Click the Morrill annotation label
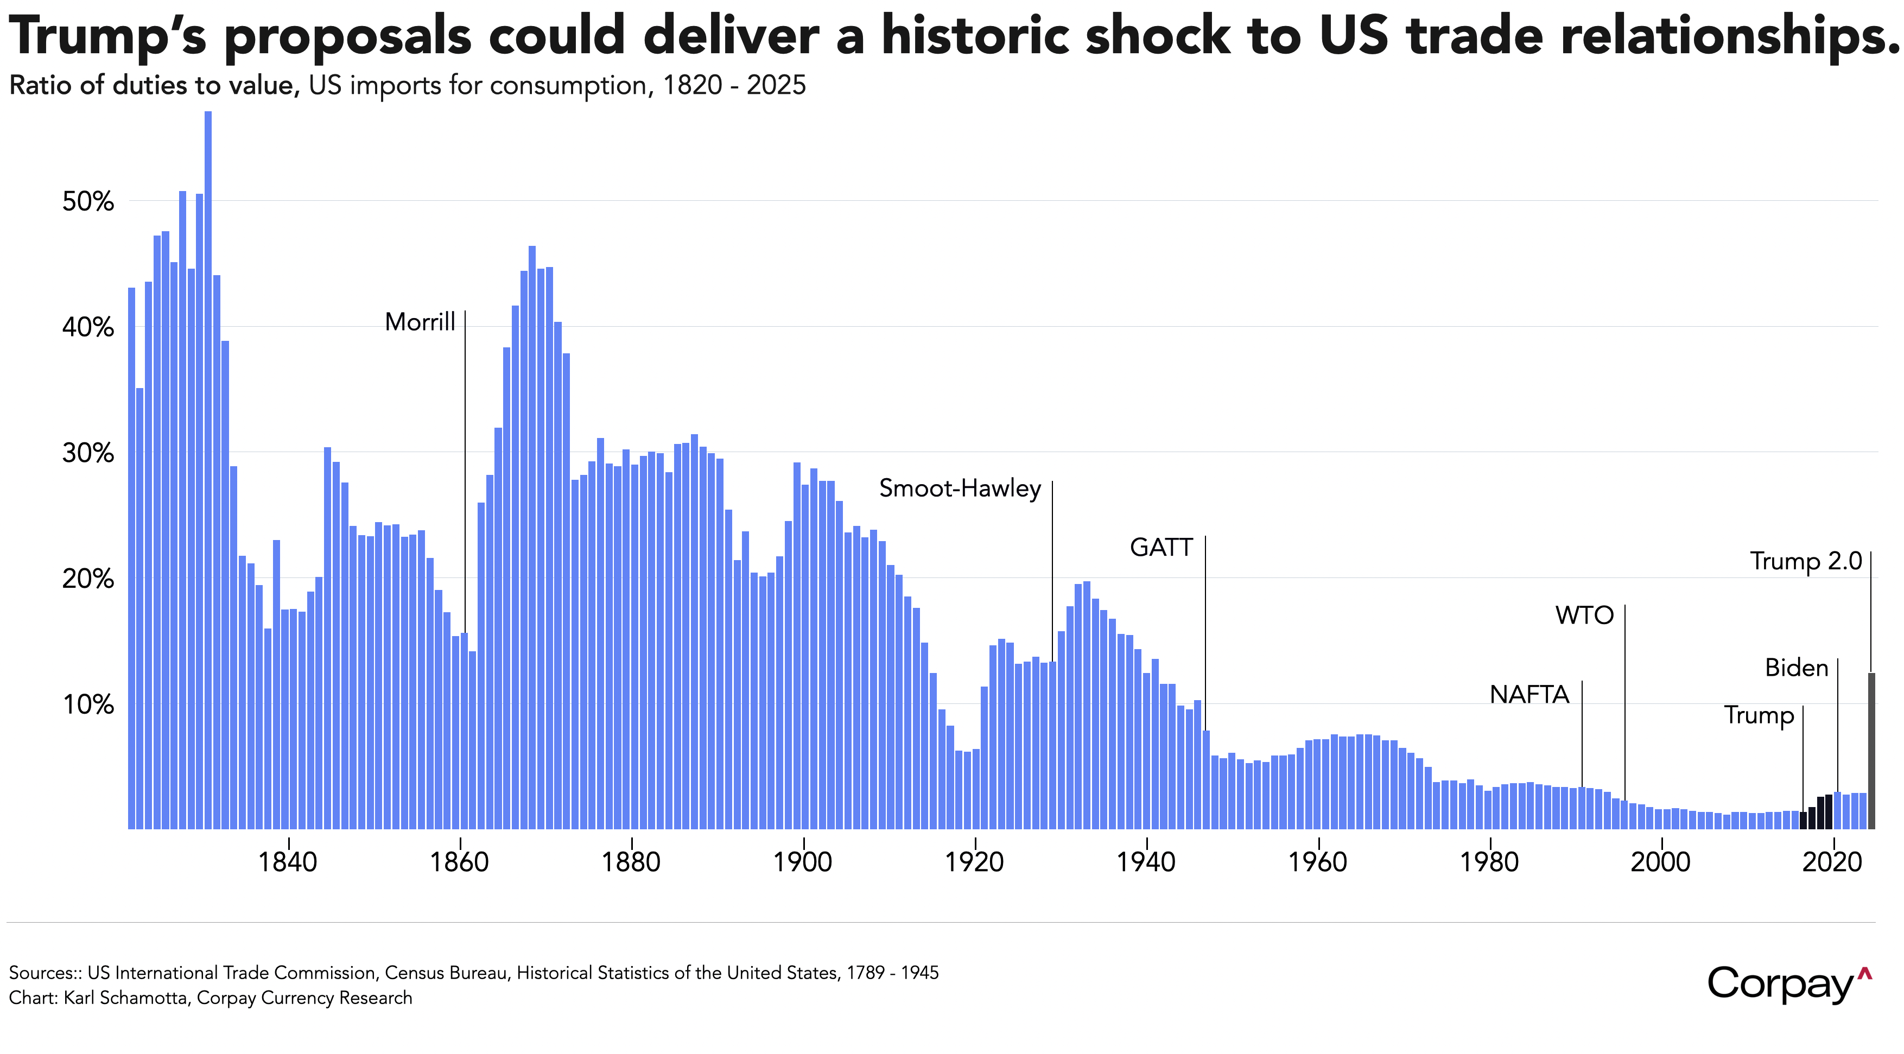[420, 322]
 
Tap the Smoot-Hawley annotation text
[960, 488]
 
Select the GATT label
[1160, 548]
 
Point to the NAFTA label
[1528, 695]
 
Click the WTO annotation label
[1584, 615]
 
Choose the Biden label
[1796, 668]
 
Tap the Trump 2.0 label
[1806, 562]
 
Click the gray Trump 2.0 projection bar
[1871, 750]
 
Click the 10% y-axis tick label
[88, 705]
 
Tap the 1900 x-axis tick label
[803, 862]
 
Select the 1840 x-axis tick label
[288, 862]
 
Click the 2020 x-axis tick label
[1832, 862]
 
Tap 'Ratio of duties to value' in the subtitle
[153, 86]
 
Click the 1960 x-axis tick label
[1318, 862]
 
